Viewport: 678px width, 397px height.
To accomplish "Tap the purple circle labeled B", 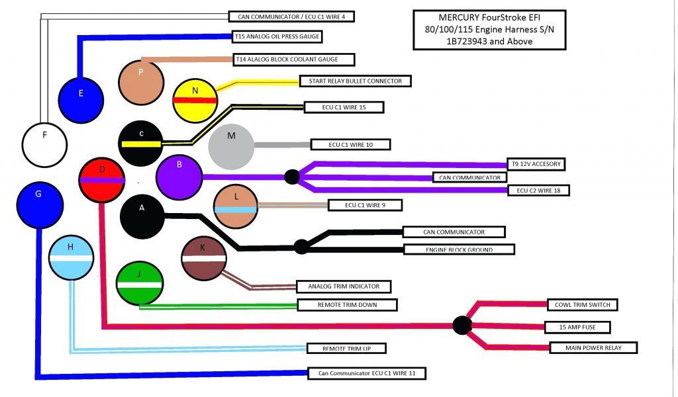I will (179, 177).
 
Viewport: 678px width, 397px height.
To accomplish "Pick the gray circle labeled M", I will (231, 145).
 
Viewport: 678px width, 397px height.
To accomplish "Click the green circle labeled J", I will (139, 283).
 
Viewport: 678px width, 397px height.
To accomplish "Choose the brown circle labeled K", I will (204, 257).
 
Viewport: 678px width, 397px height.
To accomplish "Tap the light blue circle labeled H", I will (71, 259).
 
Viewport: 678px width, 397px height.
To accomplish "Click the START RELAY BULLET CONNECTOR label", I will (355, 81).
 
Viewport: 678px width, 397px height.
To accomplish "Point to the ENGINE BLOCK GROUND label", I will (458, 249).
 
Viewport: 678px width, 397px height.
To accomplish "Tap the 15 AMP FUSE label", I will (576, 327).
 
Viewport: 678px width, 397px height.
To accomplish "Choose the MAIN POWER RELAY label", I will (593, 347).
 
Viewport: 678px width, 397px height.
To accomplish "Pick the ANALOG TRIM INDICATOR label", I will (343, 287).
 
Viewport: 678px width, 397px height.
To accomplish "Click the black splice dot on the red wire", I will (461, 325).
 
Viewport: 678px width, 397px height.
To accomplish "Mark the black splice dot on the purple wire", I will (292, 177).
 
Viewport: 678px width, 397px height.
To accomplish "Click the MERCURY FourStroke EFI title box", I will (489, 30).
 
